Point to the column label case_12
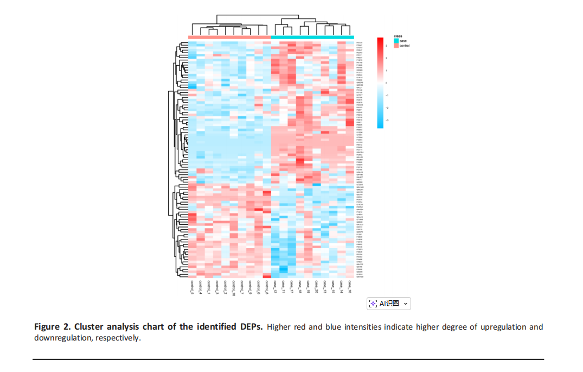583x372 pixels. click(x=275, y=286)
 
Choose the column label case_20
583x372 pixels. click(x=316, y=286)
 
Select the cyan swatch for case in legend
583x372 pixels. click(x=396, y=41)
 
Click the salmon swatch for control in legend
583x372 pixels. click(x=396, y=46)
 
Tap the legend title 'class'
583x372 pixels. click(x=398, y=36)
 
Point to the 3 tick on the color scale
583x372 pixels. click(x=386, y=45)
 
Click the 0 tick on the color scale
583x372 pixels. click(x=386, y=83)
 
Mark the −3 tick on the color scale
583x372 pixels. click(x=386, y=120)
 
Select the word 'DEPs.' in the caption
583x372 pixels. click(x=251, y=327)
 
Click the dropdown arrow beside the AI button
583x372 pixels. click(x=405, y=304)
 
